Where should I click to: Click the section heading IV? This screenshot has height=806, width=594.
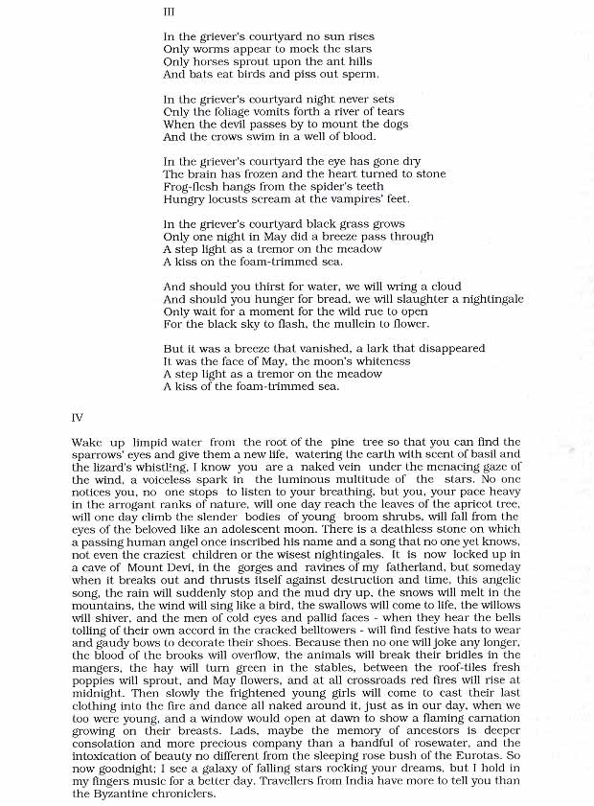(78, 418)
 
